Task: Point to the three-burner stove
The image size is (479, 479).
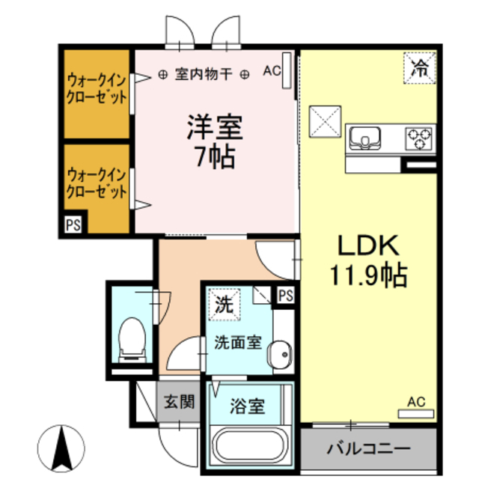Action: (x=419, y=138)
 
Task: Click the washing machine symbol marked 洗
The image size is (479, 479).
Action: (x=224, y=304)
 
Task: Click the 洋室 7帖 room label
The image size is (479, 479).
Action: (x=216, y=142)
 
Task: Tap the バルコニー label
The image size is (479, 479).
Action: (x=368, y=450)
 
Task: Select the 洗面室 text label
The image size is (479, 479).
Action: (x=237, y=343)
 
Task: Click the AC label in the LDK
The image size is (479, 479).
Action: (x=416, y=402)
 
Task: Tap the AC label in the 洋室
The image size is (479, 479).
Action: (x=272, y=73)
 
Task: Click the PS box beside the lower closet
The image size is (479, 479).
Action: (x=73, y=224)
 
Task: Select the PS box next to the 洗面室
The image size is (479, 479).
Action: (x=286, y=295)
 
